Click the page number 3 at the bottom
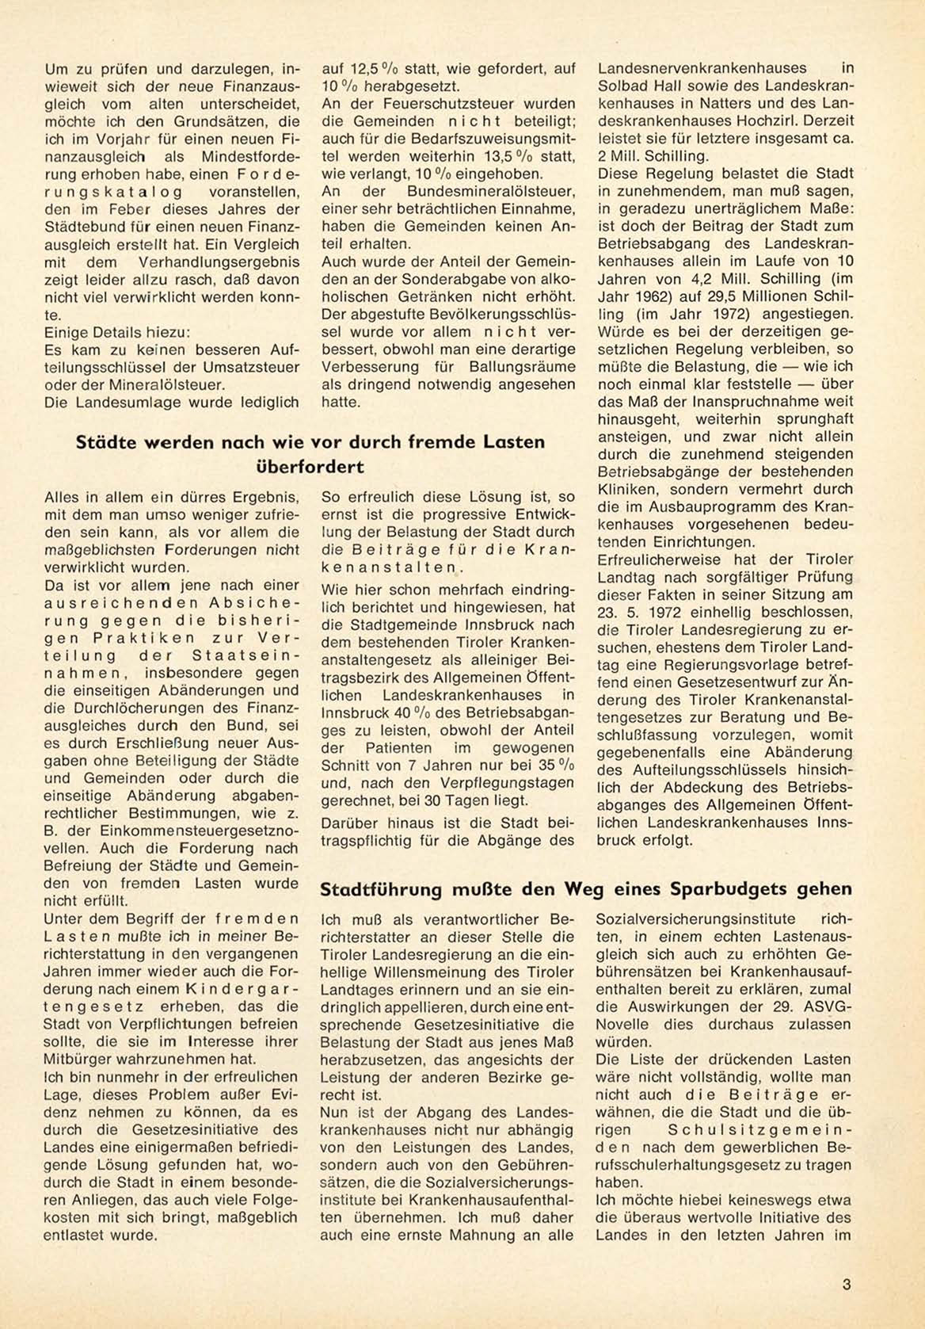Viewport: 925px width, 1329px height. [847, 1285]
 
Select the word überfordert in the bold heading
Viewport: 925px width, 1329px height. [311, 466]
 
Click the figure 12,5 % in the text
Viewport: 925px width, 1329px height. [367, 69]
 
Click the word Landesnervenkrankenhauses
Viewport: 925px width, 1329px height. [702, 69]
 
